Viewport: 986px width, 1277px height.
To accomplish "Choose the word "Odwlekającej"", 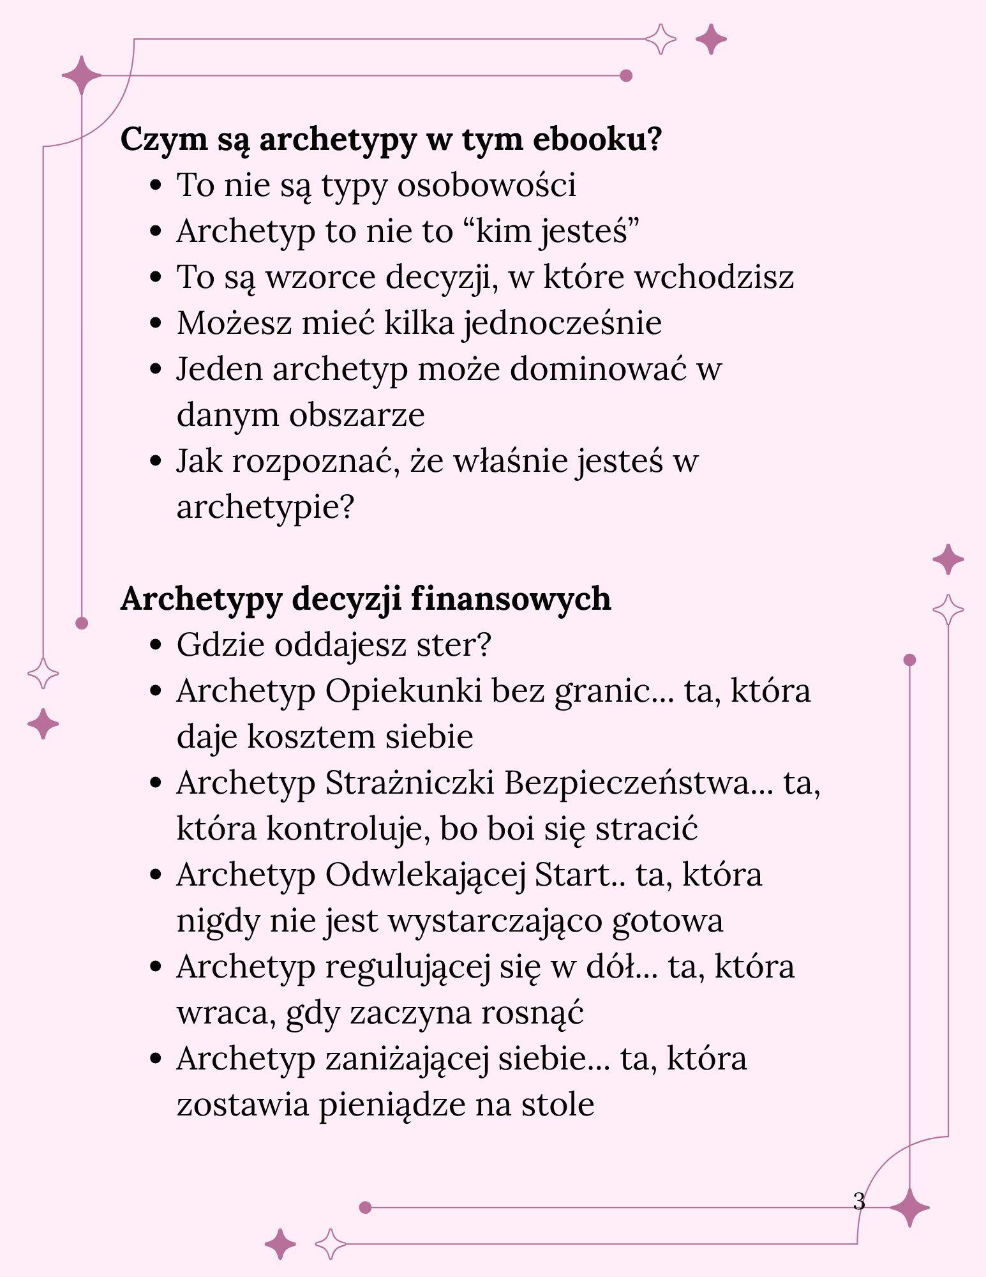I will click(x=425, y=875).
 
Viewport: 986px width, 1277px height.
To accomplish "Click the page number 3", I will click(x=859, y=1201).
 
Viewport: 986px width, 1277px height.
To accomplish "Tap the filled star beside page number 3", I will click(x=909, y=1207).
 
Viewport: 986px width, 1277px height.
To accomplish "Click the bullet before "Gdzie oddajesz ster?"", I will click(x=154, y=646).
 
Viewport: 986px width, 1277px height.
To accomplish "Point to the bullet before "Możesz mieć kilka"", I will click(x=154, y=324).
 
